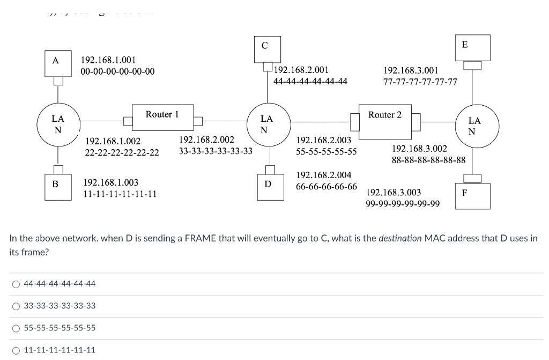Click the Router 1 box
click(162, 117)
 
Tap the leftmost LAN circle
click(58, 124)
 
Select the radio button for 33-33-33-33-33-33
click(16, 306)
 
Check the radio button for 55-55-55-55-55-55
click(16, 328)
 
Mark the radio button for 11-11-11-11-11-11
click(16, 350)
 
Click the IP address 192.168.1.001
click(108, 60)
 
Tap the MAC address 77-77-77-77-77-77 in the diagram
click(420, 82)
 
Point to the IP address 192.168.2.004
click(324, 175)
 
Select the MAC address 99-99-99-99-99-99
click(403, 203)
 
